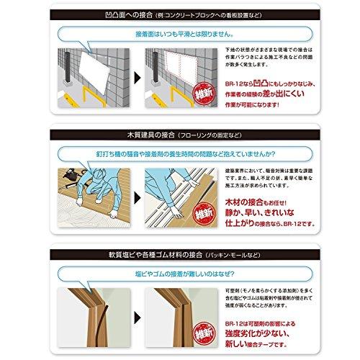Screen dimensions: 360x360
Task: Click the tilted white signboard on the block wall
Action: [x=94, y=72]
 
